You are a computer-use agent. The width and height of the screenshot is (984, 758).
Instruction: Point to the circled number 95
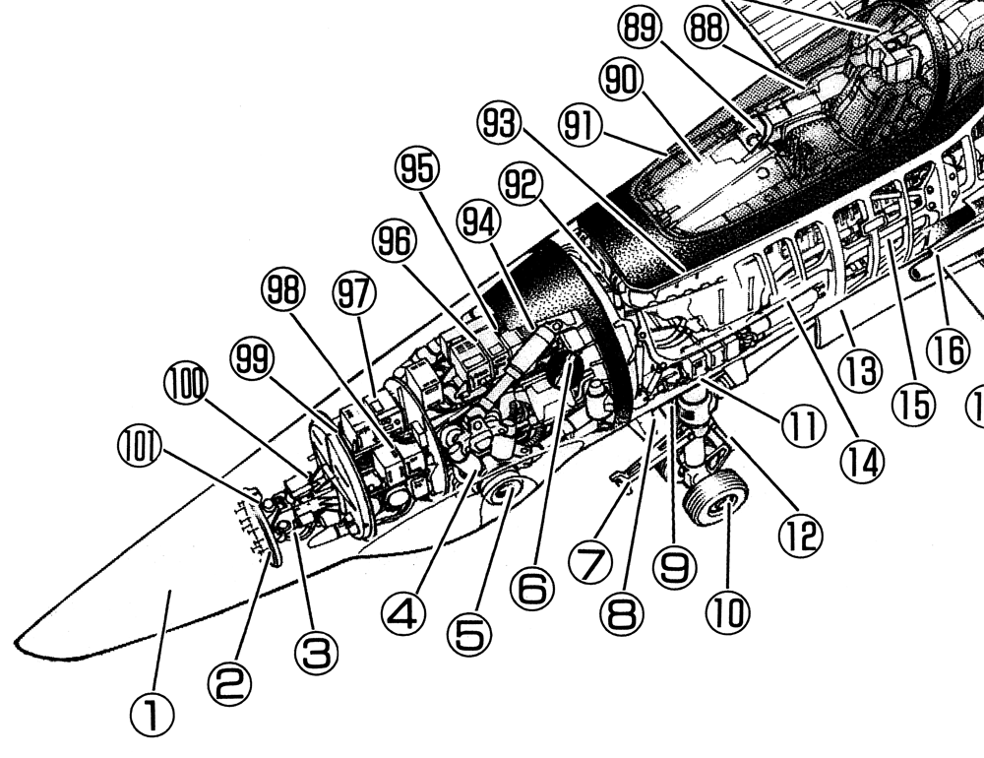coord(420,171)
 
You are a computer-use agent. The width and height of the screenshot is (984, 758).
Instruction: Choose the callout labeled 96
coord(394,242)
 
